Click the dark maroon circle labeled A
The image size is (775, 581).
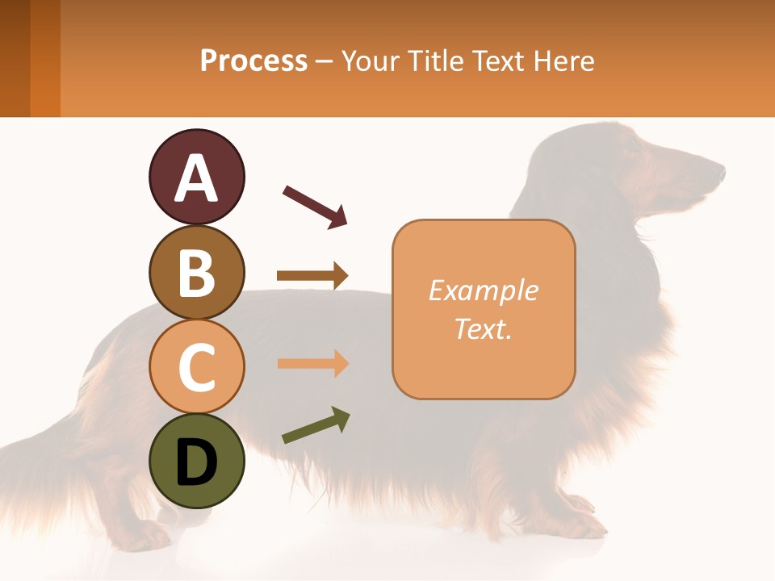point(196,178)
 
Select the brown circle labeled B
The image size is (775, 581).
point(196,272)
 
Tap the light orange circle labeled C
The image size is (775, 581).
point(196,366)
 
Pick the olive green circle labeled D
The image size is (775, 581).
point(196,461)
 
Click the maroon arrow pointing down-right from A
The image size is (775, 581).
point(315,206)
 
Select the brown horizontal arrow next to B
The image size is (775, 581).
point(312,276)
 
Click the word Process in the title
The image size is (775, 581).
point(253,61)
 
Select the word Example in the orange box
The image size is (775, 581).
point(483,290)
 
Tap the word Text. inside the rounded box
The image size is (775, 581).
point(483,328)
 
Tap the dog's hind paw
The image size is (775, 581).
point(145,533)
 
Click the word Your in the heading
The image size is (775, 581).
point(370,61)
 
